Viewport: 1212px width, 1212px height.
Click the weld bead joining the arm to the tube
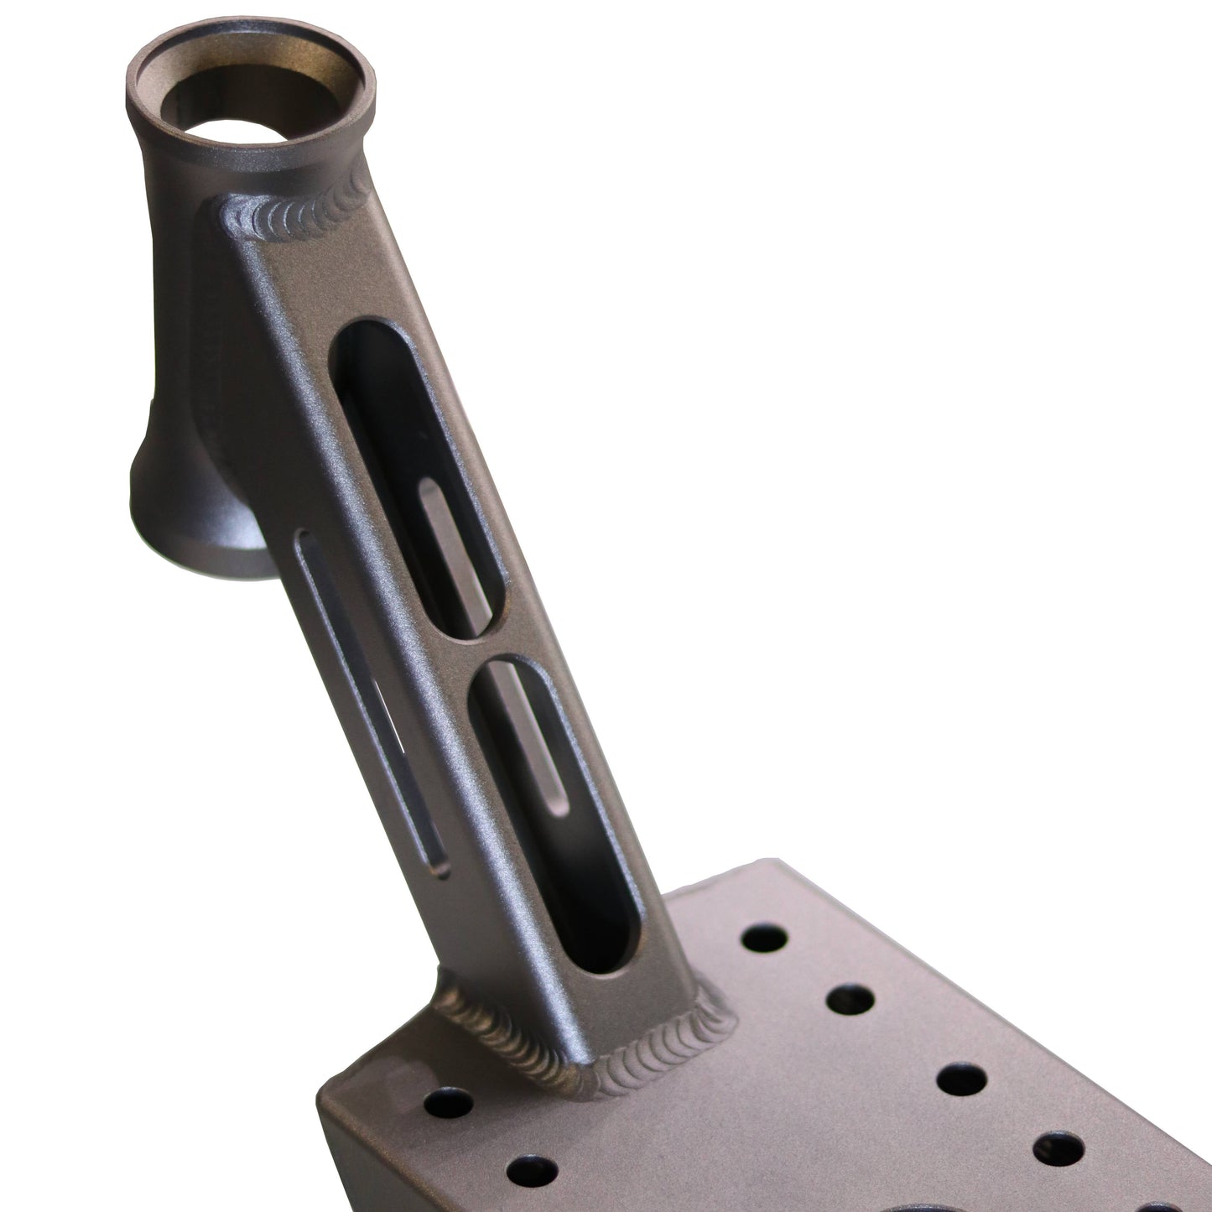point(294,221)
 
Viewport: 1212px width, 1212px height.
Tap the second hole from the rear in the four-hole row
point(850,998)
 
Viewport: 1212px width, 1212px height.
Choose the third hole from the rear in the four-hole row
point(960,1079)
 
